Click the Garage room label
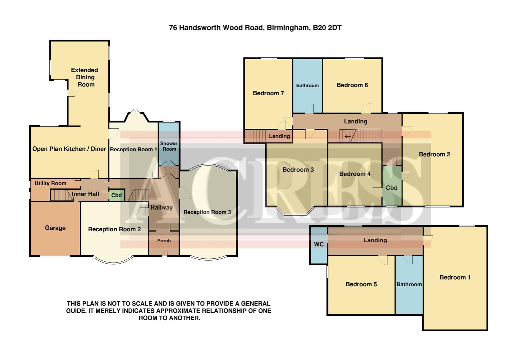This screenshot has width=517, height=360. [55, 228]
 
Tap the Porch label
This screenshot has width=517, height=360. [164, 241]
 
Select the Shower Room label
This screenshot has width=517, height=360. [169, 146]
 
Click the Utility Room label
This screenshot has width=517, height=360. [50, 183]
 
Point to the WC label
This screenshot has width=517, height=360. [319, 244]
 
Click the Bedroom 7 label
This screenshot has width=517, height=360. [268, 93]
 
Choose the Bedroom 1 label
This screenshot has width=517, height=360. [455, 277]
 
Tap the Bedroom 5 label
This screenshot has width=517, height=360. [361, 284]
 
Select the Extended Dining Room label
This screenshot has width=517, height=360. [85, 77]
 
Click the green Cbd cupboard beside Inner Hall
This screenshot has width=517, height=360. [116, 195]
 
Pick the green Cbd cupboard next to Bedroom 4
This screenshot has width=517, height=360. [392, 188]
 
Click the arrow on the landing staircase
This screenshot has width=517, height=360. [348, 136]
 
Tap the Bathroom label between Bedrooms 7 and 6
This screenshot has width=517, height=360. [307, 86]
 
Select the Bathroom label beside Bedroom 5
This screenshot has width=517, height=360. [409, 284]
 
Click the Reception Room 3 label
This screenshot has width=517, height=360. [207, 212]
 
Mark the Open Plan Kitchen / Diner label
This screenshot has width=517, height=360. [69, 149]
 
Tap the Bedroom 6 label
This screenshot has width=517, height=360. [352, 85]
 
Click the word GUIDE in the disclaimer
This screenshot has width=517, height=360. [76, 311]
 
